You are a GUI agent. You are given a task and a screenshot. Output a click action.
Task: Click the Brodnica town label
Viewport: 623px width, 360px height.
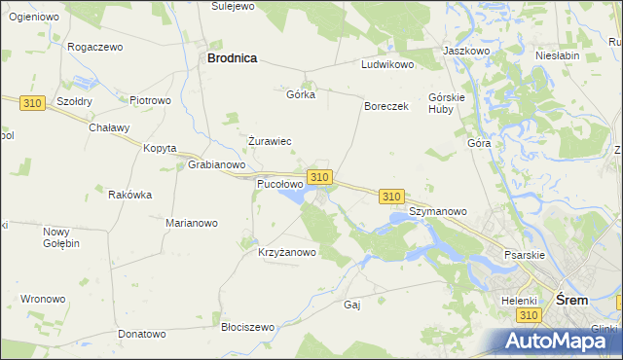(x=232, y=58)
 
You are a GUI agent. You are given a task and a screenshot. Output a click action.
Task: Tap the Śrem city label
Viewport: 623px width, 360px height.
(x=570, y=301)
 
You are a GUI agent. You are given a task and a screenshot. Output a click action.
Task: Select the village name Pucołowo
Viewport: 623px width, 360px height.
(x=279, y=183)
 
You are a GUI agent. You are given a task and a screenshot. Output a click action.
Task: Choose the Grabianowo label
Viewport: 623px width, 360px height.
(x=215, y=164)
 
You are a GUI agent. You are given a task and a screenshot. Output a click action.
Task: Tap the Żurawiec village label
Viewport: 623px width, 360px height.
(x=270, y=141)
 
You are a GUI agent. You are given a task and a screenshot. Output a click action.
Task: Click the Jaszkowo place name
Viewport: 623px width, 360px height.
(x=465, y=50)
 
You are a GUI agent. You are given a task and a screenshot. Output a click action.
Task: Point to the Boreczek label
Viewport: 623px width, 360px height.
(x=385, y=106)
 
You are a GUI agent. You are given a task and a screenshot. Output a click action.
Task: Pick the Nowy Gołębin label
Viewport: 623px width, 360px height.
(x=60, y=237)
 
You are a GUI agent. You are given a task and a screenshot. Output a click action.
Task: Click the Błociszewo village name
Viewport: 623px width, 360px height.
(x=248, y=328)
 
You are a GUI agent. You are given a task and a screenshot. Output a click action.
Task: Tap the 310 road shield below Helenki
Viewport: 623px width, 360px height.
(x=529, y=316)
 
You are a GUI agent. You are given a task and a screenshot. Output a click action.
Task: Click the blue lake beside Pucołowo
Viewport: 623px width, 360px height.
(x=292, y=198)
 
